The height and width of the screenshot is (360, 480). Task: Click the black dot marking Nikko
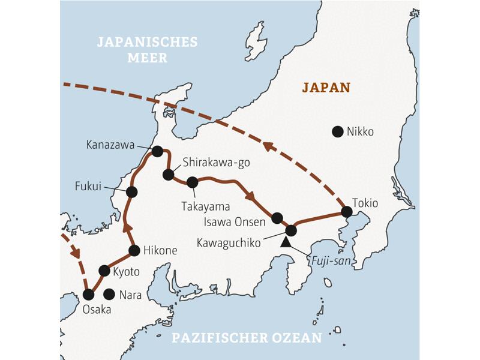[338, 131]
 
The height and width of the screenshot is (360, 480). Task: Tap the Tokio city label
[365, 203]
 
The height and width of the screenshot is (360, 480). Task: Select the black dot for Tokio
[346, 211]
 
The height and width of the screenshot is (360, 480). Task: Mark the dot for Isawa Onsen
[277, 218]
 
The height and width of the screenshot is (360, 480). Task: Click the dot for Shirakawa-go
[168, 175]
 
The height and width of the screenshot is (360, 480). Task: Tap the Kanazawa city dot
[157, 151]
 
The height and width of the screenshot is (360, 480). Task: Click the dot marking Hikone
[134, 250]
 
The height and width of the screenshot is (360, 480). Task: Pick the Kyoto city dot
[104, 271]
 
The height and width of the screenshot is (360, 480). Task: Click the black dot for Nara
[109, 294]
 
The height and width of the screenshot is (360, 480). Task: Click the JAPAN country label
[326, 88]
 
